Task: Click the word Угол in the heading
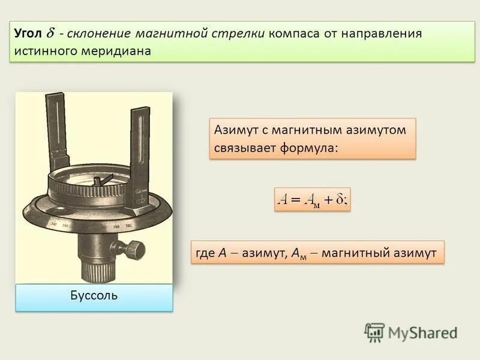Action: click(x=28, y=34)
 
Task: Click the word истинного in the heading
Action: click(x=47, y=51)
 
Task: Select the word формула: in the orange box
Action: click(x=307, y=147)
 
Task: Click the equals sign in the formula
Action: click(x=295, y=200)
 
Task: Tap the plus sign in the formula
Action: click(x=328, y=200)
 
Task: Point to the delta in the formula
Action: click(x=339, y=200)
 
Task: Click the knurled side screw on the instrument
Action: click(x=136, y=248)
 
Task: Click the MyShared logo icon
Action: click(x=374, y=332)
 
